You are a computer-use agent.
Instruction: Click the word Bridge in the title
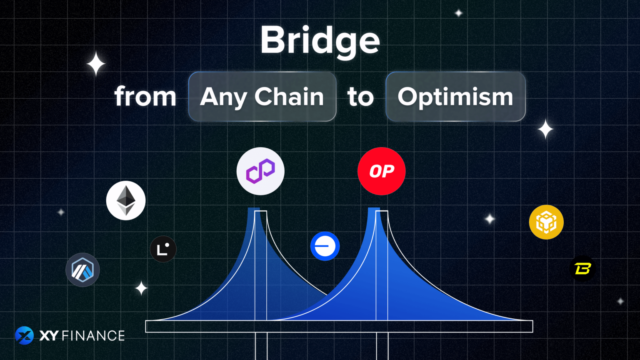(x=320, y=41)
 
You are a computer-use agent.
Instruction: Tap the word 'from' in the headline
(x=145, y=97)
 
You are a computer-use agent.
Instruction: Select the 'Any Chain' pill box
(x=262, y=97)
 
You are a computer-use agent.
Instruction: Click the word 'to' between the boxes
(x=360, y=97)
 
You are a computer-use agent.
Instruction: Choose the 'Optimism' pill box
(x=455, y=97)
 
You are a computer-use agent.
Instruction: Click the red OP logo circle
(x=381, y=171)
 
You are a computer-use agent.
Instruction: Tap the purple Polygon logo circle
(x=260, y=171)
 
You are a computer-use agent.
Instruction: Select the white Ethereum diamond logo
(x=126, y=200)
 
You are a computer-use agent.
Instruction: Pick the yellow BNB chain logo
(x=546, y=222)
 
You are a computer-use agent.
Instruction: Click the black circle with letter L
(x=163, y=249)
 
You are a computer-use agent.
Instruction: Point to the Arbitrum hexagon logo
(x=82, y=270)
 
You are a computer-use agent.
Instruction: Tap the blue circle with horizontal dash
(x=325, y=246)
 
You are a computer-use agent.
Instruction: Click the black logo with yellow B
(x=582, y=269)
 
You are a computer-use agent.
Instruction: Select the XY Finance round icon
(x=24, y=335)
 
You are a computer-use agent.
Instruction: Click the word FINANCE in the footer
(x=93, y=336)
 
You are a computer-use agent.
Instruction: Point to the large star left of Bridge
(x=96, y=64)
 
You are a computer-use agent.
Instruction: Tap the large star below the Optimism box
(x=545, y=129)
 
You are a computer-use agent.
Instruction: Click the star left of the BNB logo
(x=490, y=219)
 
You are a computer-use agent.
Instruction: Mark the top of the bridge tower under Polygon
(x=260, y=212)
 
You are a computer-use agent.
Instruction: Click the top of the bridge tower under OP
(x=382, y=212)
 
